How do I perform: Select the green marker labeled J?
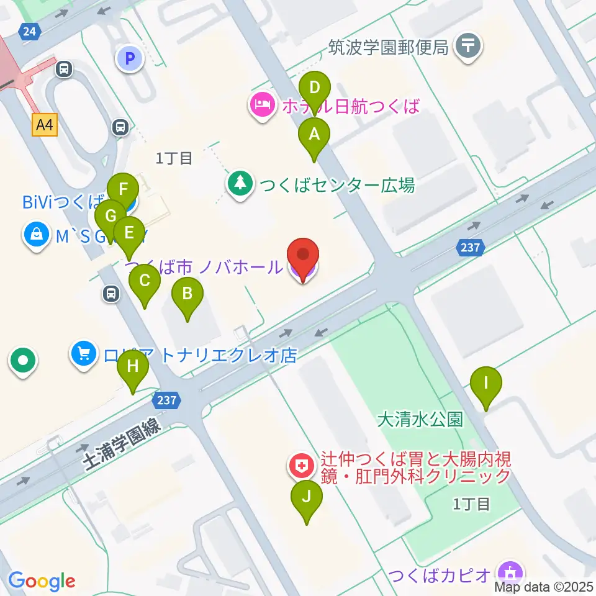pyautogui.click(x=307, y=497)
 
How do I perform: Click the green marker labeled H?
pyautogui.click(x=133, y=367)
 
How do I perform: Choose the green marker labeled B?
pyautogui.click(x=188, y=294)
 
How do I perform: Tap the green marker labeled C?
pyautogui.click(x=145, y=281)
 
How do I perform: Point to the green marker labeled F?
pyautogui.click(x=123, y=189)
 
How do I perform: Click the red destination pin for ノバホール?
pyautogui.click(x=303, y=256)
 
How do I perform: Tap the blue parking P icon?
pyautogui.click(x=130, y=59)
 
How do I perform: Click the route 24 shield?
pyautogui.click(x=29, y=32)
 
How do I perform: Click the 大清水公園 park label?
pyautogui.click(x=420, y=419)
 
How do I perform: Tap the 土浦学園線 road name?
pyautogui.click(x=122, y=443)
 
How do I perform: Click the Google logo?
pyautogui.click(x=42, y=581)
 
